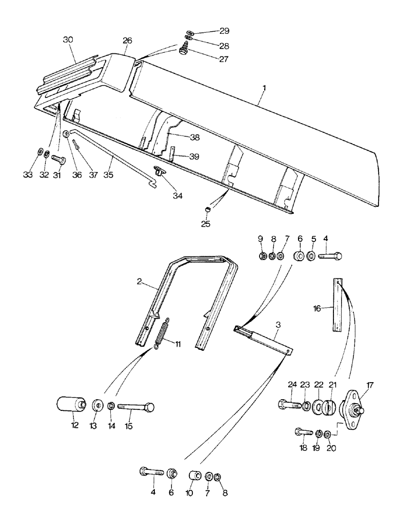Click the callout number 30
[x=69, y=40]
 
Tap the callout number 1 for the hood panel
[x=263, y=89]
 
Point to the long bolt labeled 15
[x=136, y=407]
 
